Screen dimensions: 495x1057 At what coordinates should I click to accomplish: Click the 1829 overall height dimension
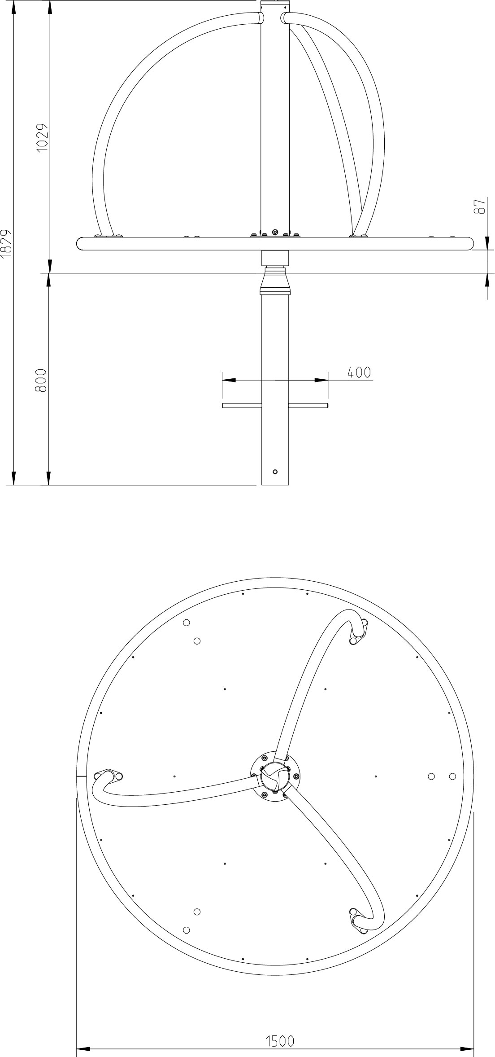click(x=5, y=244)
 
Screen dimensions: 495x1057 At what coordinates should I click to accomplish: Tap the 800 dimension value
click(x=41, y=381)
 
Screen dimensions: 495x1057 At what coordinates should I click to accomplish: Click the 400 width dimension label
click(x=359, y=373)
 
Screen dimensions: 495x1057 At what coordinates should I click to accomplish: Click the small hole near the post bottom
click(x=275, y=471)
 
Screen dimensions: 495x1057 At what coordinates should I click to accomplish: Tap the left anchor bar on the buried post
click(x=242, y=406)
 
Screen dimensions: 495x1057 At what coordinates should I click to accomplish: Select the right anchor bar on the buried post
click(x=308, y=406)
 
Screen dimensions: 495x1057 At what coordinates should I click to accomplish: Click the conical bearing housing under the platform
click(x=275, y=280)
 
